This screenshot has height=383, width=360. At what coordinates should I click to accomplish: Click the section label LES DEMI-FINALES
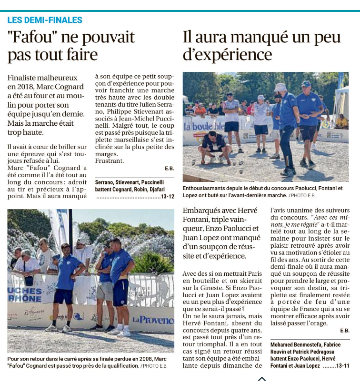click(45, 20)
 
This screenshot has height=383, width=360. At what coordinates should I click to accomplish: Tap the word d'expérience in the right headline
click(228, 54)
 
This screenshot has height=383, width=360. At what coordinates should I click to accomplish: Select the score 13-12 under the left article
click(167, 196)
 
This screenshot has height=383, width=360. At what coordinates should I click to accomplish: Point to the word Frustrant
click(110, 161)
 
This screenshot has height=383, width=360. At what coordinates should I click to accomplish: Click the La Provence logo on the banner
click(153, 320)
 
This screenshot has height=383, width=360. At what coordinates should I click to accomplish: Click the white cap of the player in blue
click(280, 87)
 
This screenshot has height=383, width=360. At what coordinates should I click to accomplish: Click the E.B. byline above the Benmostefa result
click(344, 331)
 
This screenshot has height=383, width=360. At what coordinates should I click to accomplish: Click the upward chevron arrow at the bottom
click(262, 379)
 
